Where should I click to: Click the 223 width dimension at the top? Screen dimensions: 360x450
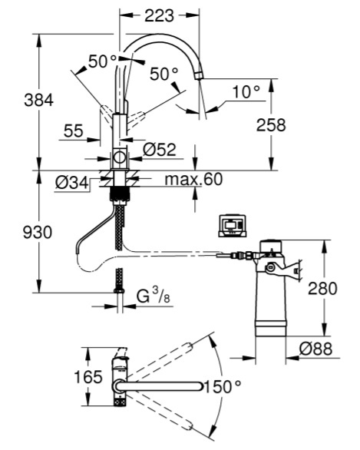click(159, 15)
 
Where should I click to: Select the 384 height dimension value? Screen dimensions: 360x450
click(38, 101)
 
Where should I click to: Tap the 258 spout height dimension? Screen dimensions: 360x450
click(271, 125)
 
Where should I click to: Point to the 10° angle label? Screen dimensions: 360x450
click(246, 92)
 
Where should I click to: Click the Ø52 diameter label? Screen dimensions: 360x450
click(160, 150)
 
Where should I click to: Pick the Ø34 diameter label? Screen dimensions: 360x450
click(71, 183)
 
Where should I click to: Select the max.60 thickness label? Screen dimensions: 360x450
click(193, 179)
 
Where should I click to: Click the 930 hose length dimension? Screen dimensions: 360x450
click(38, 232)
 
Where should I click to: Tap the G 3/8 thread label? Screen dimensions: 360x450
click(154, 296)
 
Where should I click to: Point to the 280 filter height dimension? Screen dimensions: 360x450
click(322, 289)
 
